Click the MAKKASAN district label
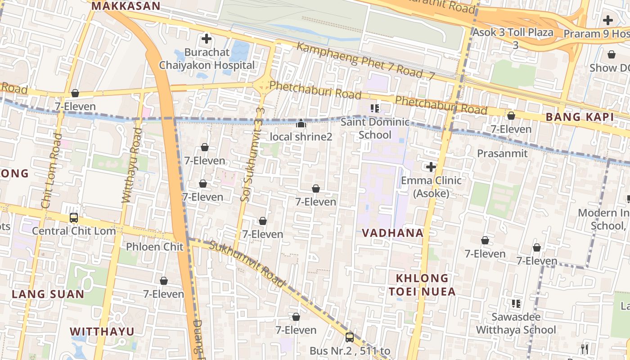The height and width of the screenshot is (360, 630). (x=126, y=6)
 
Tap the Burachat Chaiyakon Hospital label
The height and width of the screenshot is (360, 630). (x=207, y=59)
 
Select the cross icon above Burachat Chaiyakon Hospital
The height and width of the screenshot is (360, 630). (x=207, y=39)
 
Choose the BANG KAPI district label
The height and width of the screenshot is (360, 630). (x=580, y=117)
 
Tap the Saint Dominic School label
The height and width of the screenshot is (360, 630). (x=375, y=128)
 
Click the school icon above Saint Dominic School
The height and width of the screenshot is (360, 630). (x=375, y=108)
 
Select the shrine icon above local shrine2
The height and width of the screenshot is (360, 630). (x=301, y=123)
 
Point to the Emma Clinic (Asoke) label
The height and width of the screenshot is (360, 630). (x=431, y=187)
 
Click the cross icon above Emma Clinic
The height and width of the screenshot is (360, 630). (x=431, y=167)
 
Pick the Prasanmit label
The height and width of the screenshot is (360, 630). (x=502, y=153)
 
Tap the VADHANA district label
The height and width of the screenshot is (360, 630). (x=393, y=233)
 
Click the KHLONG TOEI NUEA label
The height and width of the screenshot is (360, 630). (x=422, y=285)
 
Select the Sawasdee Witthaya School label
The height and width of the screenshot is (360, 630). (x=516, y=323)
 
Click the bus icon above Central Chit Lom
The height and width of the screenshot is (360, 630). (x=74, y=218)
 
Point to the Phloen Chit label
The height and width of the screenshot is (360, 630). (x=155, y=247)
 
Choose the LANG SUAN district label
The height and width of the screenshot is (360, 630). (x=48, y=294)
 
